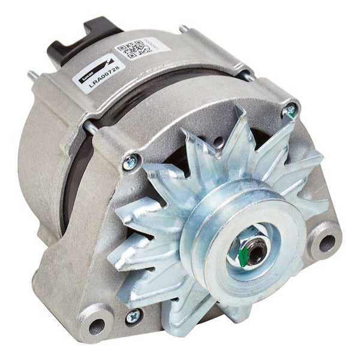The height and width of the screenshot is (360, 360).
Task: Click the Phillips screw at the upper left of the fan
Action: pyautogui.click(x=130, y=161)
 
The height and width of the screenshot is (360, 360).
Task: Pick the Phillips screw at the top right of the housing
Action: pyautogui.click(x=290, y=110)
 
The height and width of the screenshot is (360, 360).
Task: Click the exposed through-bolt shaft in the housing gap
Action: pyautogui.click(x=92, y=128)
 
